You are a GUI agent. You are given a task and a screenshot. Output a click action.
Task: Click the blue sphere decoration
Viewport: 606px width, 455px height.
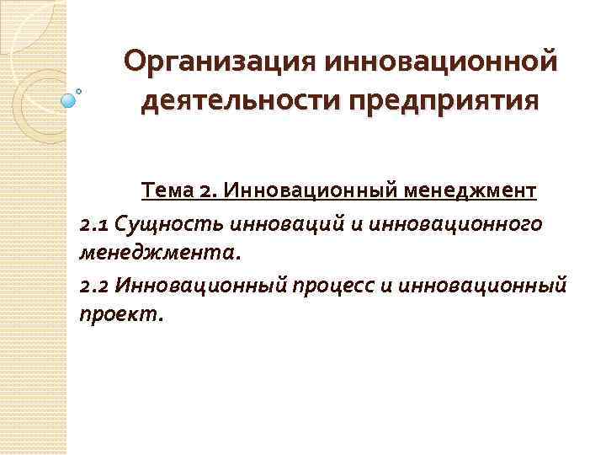pos(70,100)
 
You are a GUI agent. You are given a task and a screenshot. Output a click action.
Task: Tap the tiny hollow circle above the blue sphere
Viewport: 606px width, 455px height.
pos(80,89)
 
